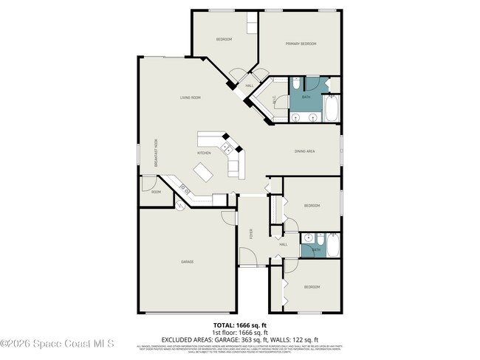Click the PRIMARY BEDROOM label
click(x=301, y=44)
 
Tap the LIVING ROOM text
click(x=190, y=97)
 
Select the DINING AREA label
click(x=305, y=151)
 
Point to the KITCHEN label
click(x=204, y=153)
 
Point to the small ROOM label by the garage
click(x=156, y=192)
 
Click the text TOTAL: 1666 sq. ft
click(x=239, y=325)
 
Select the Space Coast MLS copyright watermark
click(x=57, y=343)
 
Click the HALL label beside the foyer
click(x=282, y=244)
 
